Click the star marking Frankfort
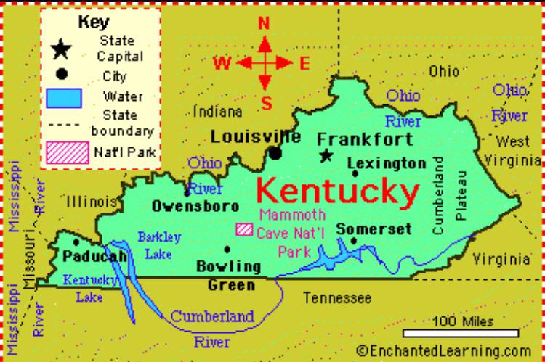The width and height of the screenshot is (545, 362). pos(326,155)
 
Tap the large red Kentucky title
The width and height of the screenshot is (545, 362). pos(338,192)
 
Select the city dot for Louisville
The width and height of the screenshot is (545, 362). pos(275,153)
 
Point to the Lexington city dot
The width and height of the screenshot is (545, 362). pos(355,174)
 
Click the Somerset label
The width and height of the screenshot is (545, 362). pos(374,229)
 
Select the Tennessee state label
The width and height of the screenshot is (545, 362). pos(337,297)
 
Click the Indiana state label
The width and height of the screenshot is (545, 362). pos(218,112)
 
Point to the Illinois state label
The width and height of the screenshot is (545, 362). pos(91,201)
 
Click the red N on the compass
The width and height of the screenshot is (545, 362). pos(264,23)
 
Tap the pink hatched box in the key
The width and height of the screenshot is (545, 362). pos(68,153)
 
